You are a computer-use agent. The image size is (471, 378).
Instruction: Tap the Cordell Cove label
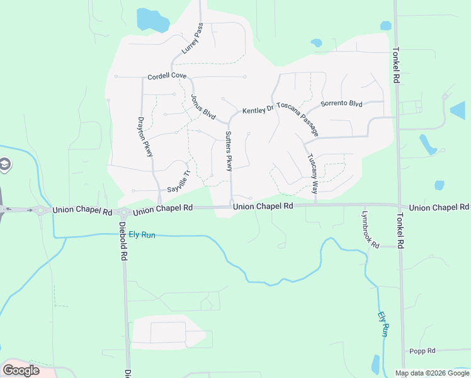point(167,76)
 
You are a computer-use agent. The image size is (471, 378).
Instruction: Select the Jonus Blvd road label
point(203,107)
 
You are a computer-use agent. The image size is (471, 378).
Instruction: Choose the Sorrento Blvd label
point(341,103)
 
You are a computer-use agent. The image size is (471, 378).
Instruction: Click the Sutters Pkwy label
point(229,151)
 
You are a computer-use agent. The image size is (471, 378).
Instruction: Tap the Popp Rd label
point(423,351)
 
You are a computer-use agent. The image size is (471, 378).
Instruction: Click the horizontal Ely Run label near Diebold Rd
point(142,234)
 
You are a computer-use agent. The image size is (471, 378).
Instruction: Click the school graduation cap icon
point(4,164)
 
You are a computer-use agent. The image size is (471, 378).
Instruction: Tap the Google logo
point(21,370)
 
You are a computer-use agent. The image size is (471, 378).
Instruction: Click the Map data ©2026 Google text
point(431,373)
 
